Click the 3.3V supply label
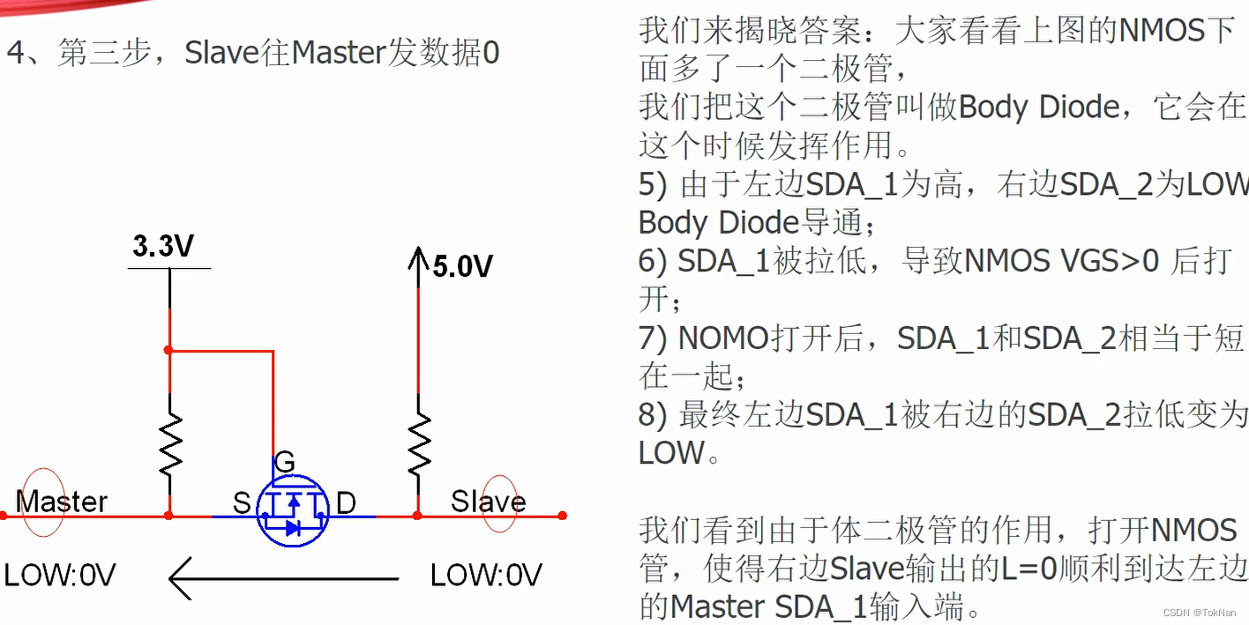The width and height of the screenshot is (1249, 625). tap(164, 247)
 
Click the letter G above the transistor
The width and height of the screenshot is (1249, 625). tap(285, 462)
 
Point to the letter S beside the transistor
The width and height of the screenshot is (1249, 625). tap(242, 503)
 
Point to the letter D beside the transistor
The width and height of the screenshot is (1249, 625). tap(346, 503)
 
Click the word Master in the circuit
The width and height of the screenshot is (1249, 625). tap(62, 502)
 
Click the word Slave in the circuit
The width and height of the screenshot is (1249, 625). tap(488, 502)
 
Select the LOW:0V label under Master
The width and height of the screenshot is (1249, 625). tap(60, 576)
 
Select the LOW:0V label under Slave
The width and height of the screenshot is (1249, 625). tap(486, 576)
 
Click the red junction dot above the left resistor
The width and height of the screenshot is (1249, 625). tap(169, 350)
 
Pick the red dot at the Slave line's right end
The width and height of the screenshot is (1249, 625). tap(562, 516)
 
